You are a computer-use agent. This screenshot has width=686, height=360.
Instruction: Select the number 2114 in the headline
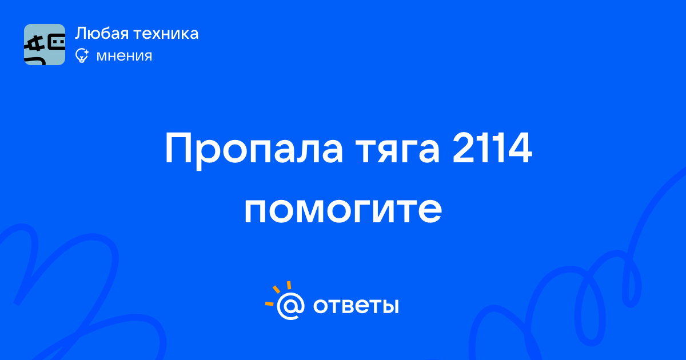coord(492,149)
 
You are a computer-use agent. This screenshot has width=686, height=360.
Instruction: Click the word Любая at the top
coord(102,34)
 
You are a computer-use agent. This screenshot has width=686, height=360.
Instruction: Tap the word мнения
coord(124,56)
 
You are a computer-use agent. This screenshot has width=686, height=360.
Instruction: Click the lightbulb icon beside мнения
coord(82,55)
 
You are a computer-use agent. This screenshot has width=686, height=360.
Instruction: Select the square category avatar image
coord(45,45)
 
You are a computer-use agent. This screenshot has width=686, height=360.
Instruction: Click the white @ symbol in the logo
coord(290,306)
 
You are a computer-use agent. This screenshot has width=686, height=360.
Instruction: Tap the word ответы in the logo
coord(356,306)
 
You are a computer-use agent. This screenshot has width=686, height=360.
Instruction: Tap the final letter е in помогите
coord(430,211)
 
